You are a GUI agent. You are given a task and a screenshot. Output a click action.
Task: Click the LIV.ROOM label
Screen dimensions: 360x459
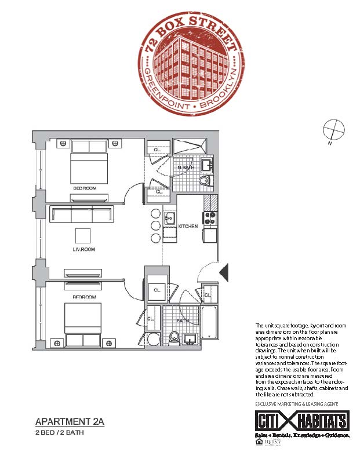(x=83, y=250)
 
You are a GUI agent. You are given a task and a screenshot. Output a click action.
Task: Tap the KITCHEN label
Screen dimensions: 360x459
(x=188, y=225)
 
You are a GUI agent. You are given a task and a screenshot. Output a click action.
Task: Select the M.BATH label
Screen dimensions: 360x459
(x=185, y=168)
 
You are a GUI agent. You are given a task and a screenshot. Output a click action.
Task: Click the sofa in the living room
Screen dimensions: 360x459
(x=82, y=215)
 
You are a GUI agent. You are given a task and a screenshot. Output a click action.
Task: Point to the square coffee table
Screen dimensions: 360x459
(x=83, y=235)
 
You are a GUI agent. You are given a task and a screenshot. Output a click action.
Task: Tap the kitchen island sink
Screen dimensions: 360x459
(x=169, y=219)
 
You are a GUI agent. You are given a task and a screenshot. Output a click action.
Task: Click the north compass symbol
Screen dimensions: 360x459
(x=333, y=129)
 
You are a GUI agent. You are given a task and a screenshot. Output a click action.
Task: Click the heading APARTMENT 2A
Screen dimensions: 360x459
(x=69, y=421)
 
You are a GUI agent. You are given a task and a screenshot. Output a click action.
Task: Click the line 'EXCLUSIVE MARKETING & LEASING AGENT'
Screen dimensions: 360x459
(x=297, y=403)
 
